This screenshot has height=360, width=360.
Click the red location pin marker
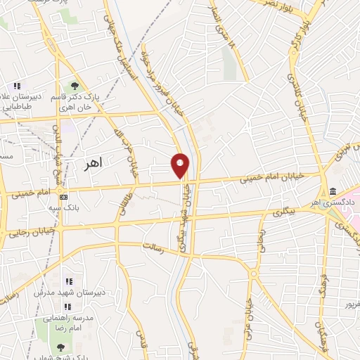click(x=180, y=165)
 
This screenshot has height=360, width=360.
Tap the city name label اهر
click(x=92, y=163)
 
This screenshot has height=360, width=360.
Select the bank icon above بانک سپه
click(x=64, y=197)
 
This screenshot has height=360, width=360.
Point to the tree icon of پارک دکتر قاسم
click(x=74, y=86)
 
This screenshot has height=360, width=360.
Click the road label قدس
click(x=139, y=345)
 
